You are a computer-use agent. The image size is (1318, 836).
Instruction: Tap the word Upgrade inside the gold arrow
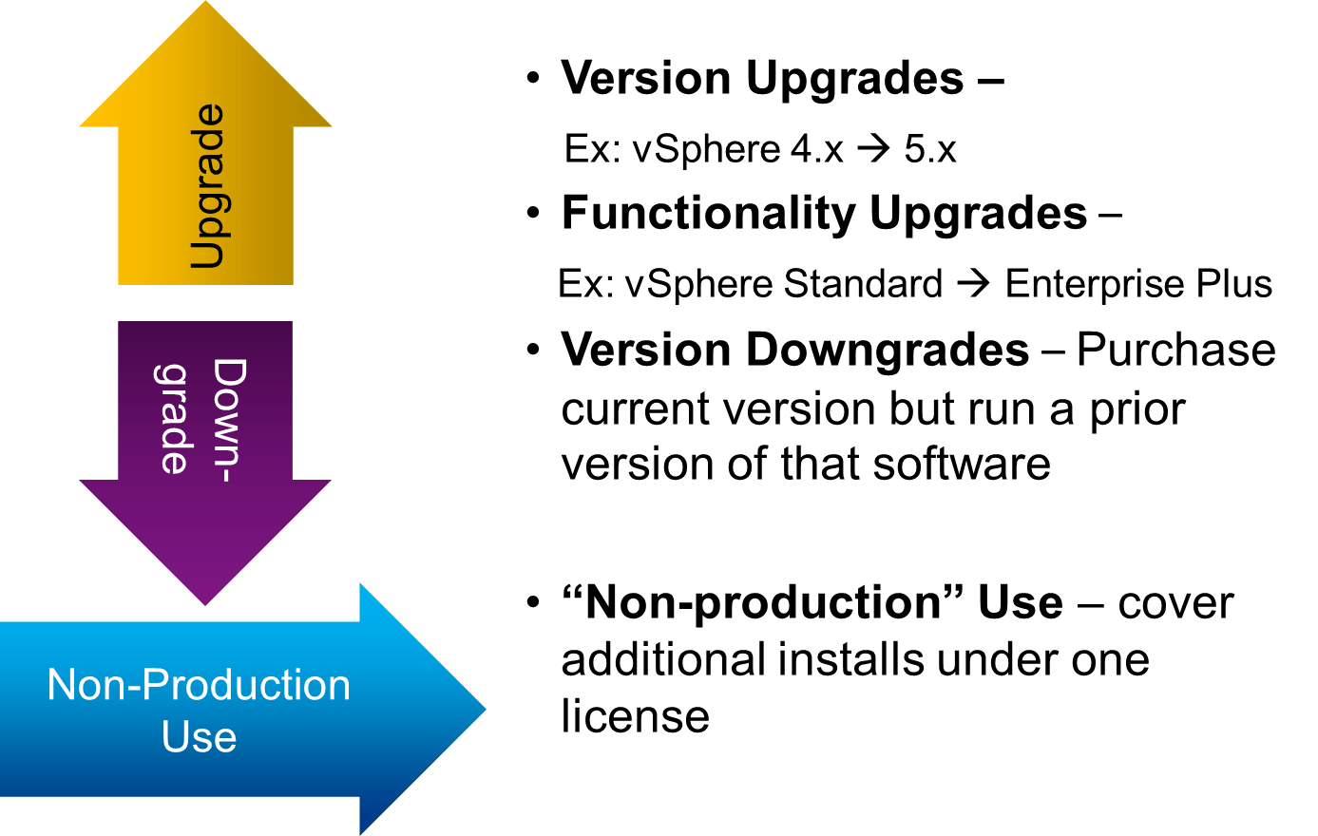pyautogui.click(x=207, y=186)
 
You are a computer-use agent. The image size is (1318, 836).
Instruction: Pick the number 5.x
pyautogui.click(x=929, y=149)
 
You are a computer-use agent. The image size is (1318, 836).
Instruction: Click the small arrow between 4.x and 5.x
pyautogui.click(x=872, y=149)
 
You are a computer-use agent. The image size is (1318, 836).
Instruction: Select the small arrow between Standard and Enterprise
pyautogui.click(x=973, y=284)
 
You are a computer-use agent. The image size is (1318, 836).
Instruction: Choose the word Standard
pyautogui.click(x=864, y=284)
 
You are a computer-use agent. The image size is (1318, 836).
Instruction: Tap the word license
pyautogui.click(x=635, y=716)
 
